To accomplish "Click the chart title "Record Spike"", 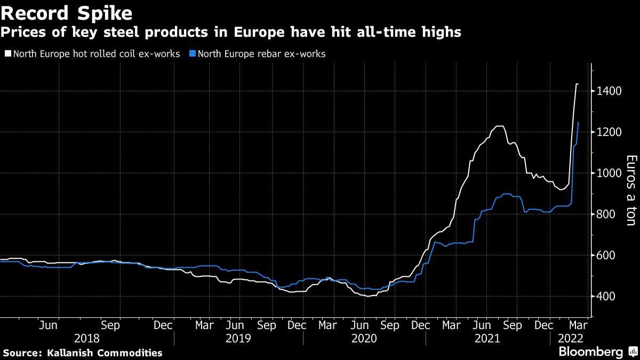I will (67, 12).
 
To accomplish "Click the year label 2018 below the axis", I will (86, 338).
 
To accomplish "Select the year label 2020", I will (364, 338).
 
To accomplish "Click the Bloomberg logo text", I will (590, 352).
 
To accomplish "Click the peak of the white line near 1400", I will (577, 84).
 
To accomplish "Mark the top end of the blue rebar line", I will (578, 123).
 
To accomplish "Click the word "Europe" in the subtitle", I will (234, 33).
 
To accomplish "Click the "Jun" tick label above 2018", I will (49, 325).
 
